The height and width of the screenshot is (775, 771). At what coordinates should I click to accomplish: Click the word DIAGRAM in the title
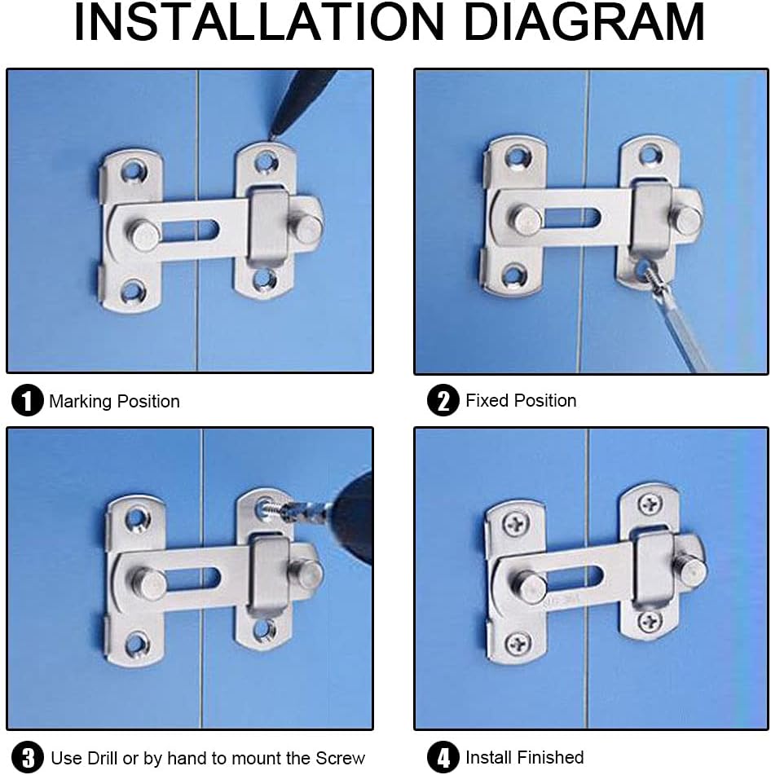point(584,22)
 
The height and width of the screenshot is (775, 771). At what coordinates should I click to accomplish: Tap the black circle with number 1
point(27,400)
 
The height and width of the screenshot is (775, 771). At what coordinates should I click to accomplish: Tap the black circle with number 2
point(443,400)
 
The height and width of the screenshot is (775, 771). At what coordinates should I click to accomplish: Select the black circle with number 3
point(28,758)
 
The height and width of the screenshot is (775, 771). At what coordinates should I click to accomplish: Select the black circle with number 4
point(443,757)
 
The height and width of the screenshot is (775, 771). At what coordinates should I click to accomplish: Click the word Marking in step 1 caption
point(81,402)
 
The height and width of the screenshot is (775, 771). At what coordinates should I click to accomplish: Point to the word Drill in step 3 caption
point(102,758)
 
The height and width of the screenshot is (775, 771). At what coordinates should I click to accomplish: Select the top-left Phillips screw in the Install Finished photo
point(517,523)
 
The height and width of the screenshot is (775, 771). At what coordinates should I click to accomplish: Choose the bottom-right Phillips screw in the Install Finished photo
point(650,620)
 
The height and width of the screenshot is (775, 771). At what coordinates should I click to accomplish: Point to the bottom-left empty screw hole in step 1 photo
point(133,292)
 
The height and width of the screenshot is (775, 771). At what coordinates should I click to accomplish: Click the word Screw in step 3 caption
point(341,758)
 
